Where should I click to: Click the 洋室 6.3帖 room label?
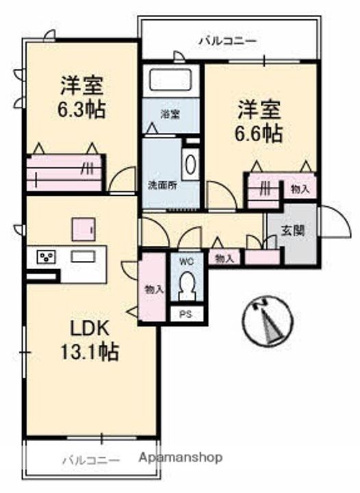[x=81, y=97]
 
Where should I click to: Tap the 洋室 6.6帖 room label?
[x=259, y=122]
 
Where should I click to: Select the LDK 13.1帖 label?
[x=90, y=340]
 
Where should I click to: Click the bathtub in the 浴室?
[x=170, y=80]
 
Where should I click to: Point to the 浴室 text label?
[x=170, y=114]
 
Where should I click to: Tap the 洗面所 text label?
[x=162, y=185]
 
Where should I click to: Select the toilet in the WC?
[x=187, y=286]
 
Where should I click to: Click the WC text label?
[x=187, y=261]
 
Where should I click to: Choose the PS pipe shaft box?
[x=186, y=314]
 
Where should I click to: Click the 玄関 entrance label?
[x=293, y=231]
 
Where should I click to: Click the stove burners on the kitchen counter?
[x=47, y=257]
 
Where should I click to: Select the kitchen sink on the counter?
[x=83, y=256]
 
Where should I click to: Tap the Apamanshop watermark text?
[x=181, y=457]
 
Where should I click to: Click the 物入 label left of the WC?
[x=154, y=289]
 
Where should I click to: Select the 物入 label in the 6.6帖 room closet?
[x=300, y=189]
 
